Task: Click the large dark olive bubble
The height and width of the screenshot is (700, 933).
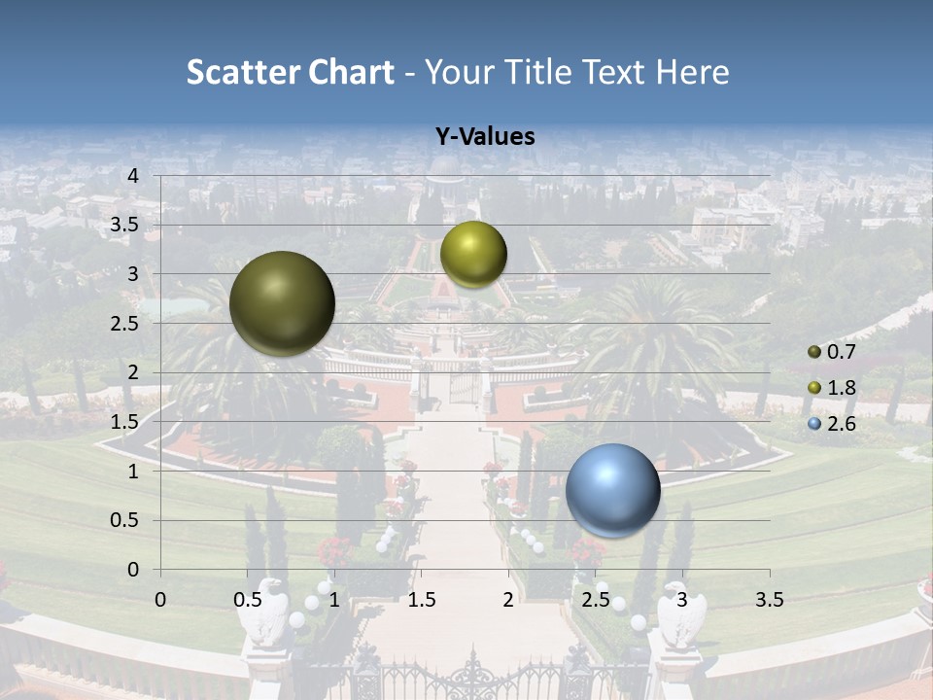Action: pos(283,303)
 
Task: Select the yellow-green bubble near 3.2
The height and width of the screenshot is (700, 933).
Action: pos(473,254)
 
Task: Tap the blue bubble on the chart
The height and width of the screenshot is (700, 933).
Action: pos(612,491)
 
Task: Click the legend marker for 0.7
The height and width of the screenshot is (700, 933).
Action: pos(814,352)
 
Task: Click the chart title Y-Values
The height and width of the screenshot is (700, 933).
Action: pos(485,137)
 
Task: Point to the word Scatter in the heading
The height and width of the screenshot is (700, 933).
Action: pos(243,72)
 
